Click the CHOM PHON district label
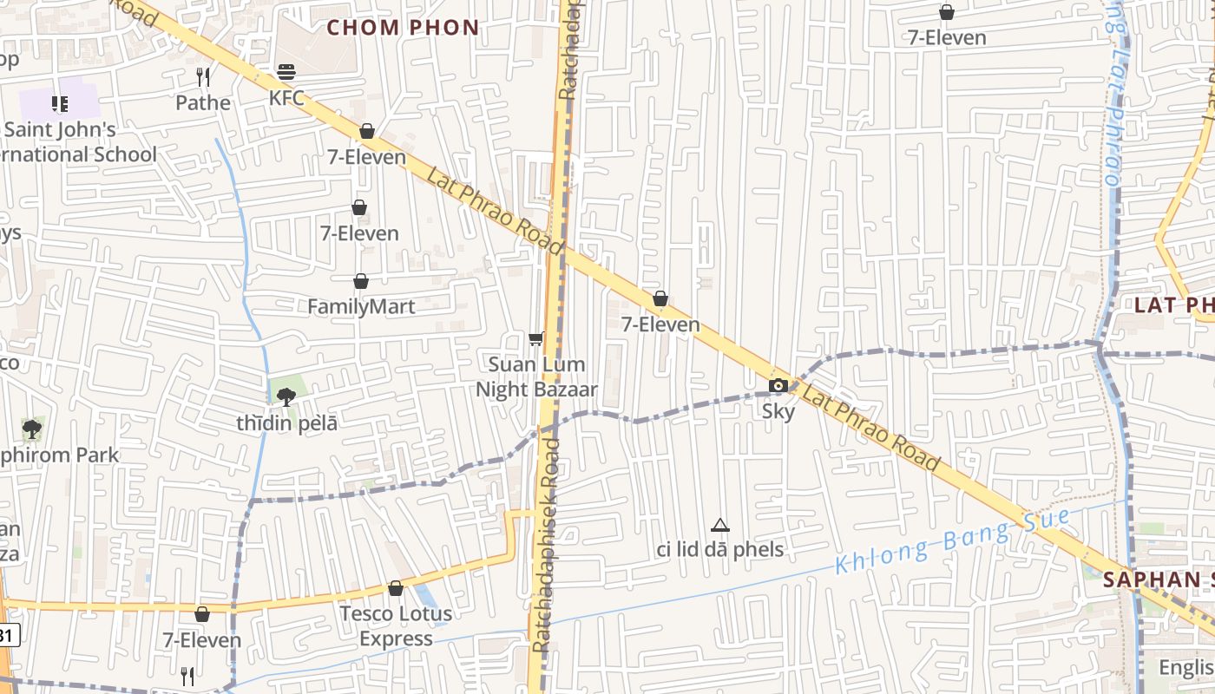point(403,27)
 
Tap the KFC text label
point(286,98)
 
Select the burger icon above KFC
point(286,71)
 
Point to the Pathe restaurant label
point(203,103)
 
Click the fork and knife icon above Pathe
point(203,77)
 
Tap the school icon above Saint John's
point(60,104)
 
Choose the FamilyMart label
point(361,307)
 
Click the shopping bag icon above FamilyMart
point(361,281)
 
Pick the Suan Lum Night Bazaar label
point(536,376)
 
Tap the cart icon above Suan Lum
point(536,338)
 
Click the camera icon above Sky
point(778,385)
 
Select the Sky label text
point(778,411)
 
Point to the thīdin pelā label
point(286,423)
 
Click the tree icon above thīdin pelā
point(286,397)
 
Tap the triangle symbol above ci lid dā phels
point(719,525)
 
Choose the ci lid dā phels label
point(719,549)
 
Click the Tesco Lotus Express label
point(396,626)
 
